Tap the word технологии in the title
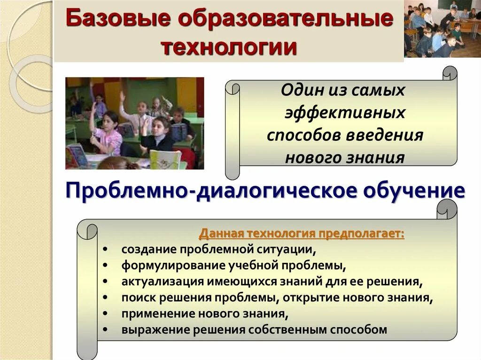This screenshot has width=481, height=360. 229,47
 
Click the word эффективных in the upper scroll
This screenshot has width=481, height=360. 345,113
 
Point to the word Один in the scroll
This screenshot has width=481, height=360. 298,90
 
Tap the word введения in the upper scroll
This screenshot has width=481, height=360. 385,135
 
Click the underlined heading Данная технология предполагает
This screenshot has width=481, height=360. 302,234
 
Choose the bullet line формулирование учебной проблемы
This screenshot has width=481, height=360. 233,265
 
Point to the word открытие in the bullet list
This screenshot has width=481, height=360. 340,297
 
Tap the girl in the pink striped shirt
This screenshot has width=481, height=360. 108,136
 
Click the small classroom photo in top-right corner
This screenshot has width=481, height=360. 442,29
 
